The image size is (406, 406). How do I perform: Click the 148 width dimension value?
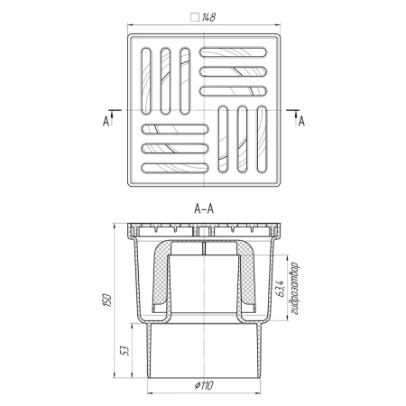(x=208, y=17)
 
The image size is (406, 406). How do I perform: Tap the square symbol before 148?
(x=195, y=17)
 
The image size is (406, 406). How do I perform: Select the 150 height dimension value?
(x=107, y=300)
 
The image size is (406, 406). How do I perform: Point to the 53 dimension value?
(x=125, y=351)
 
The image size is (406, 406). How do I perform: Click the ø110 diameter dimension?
(x=204, y=385)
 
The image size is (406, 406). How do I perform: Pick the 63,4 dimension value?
(x=280, y=289)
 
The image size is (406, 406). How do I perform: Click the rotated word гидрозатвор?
(x=295, y=289)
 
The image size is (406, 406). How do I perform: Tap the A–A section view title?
(x=204, y=208)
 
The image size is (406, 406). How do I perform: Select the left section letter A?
(x=106, y=121)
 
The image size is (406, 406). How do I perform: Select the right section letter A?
(x=301, y=121)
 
